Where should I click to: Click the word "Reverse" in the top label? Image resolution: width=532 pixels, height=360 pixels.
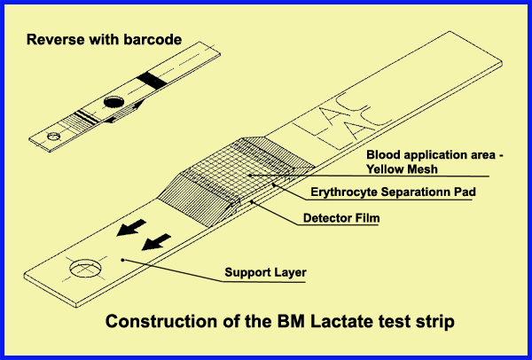pyautogui.click(x=56, y=40)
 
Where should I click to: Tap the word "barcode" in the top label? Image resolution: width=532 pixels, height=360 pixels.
pyautogui.click(x=153, y=40)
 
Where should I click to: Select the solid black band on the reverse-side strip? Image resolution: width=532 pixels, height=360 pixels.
pyautogui.click(x=152, y=81)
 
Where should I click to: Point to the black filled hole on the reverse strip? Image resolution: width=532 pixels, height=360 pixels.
pyautogui.click(x=114, y=101)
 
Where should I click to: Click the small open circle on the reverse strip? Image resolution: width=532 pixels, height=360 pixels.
pyautogui.click(x=53, y=137)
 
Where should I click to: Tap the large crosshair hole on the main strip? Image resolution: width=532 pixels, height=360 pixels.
pyautogui.click(x=86, y=268)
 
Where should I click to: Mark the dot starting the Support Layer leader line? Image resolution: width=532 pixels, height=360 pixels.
pyautogui.click(x=123, y=260)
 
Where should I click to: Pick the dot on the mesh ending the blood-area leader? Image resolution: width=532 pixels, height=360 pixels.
pyautogui.click(x=250, y=176)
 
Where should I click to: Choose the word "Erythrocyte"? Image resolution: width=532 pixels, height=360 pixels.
pyautogui.click(x=344, y=192)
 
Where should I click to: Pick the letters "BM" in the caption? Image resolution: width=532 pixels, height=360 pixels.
pyautogui.click(x=291, y=321)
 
